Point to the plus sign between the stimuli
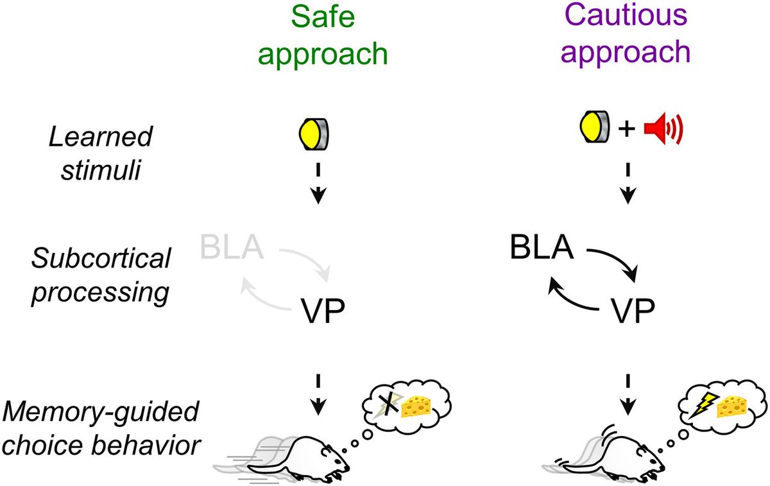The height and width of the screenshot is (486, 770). [624, 132]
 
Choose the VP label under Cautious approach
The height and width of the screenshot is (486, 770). [632, 313]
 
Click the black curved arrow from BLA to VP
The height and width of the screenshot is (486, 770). [617, 259]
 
